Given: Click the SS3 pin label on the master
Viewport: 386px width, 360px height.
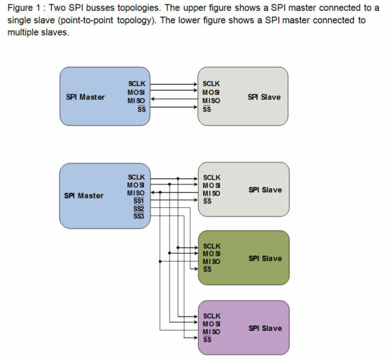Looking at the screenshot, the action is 138,216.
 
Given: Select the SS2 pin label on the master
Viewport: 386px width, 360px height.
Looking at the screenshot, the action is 138,209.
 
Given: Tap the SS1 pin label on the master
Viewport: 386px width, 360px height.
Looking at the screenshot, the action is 138,201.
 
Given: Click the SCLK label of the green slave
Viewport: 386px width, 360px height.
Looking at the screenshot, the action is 212,246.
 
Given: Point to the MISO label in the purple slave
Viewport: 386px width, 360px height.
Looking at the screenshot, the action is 212,332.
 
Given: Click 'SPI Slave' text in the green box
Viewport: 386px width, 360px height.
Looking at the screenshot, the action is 265,258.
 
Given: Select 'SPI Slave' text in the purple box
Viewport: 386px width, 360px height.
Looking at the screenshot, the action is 265,328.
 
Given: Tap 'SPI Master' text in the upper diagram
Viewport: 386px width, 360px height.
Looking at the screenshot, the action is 85,97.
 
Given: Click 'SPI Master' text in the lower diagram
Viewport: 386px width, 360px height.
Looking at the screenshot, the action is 84,196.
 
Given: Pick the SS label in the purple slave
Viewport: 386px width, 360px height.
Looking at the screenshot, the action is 207,339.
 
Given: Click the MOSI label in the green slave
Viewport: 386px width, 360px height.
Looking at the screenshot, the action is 212,254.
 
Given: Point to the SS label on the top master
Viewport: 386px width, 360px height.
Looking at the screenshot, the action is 142,109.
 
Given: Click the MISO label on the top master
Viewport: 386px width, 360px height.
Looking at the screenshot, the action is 136,100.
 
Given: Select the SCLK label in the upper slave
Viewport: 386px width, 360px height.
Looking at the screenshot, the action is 211,84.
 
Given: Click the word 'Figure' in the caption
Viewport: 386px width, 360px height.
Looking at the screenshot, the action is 20,8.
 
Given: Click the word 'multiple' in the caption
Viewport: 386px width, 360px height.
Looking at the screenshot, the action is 22,32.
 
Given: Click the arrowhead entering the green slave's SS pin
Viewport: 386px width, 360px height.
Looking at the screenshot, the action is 196,269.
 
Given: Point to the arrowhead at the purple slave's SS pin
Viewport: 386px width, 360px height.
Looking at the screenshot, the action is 196,337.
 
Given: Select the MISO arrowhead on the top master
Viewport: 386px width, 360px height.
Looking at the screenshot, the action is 152,99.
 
